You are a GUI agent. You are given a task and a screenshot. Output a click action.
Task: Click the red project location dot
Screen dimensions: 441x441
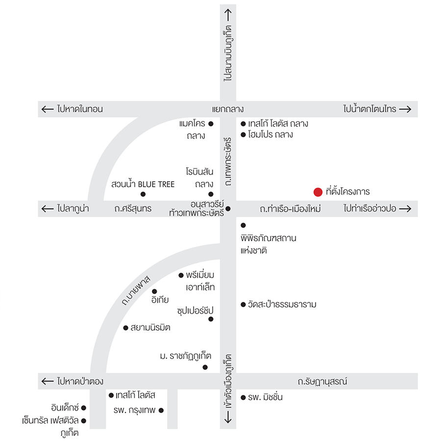[x=318, y=192]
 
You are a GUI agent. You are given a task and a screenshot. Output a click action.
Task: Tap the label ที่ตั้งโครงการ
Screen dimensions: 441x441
[x=347, y=191]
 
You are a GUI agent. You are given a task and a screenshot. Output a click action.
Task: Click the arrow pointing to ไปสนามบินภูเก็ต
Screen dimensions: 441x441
[x=228, y=15]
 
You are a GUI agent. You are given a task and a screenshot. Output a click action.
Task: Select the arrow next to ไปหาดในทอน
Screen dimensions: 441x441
[x=48, y=109]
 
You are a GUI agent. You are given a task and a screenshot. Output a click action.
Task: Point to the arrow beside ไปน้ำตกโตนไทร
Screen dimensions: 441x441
[x=405, y=109]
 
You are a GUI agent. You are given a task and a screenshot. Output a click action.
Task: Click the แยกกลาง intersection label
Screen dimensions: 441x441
[x=228, y=109]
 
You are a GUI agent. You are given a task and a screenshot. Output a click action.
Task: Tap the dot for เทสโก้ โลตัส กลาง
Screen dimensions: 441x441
[x=243, y=124]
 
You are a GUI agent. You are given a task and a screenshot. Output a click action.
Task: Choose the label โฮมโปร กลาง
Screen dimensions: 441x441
[x=270, y=134]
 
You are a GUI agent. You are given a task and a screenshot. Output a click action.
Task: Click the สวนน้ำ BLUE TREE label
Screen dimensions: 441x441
[x=143, y=184]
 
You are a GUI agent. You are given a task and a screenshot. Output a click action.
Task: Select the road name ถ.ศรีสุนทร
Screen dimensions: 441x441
[x=133, y=209]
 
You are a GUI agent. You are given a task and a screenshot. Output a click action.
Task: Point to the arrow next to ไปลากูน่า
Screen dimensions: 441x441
[x=48, y=209]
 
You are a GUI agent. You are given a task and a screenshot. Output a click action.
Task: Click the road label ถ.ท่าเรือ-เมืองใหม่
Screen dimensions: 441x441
[x=290, y=209]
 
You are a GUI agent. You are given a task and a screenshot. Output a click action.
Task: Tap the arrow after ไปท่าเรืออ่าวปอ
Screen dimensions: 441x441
[x=405, y=209]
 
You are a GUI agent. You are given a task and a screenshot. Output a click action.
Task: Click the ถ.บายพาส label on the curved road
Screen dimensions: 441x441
[x=136, y=291]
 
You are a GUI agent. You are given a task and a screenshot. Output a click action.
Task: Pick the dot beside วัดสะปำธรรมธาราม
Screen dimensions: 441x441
[x=243, y=305]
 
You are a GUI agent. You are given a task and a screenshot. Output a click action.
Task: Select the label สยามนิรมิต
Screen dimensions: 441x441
[x=150, y=328]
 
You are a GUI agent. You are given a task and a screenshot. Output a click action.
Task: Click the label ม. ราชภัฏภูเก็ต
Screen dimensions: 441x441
[x=186, y=356]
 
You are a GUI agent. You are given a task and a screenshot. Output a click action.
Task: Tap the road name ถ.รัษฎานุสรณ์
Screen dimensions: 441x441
[x=322, y=381]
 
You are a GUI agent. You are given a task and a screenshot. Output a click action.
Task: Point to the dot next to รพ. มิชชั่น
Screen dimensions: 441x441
[x=243, y=398]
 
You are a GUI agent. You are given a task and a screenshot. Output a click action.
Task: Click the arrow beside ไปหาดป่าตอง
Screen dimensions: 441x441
[x=48, y=381]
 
